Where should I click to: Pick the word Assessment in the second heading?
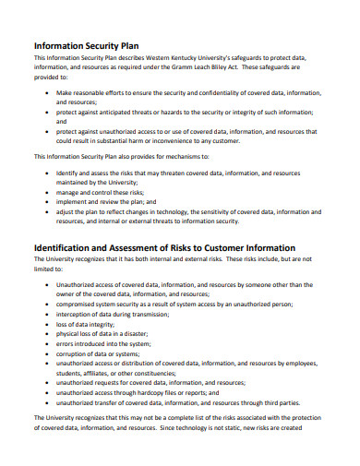coord(150,248)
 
